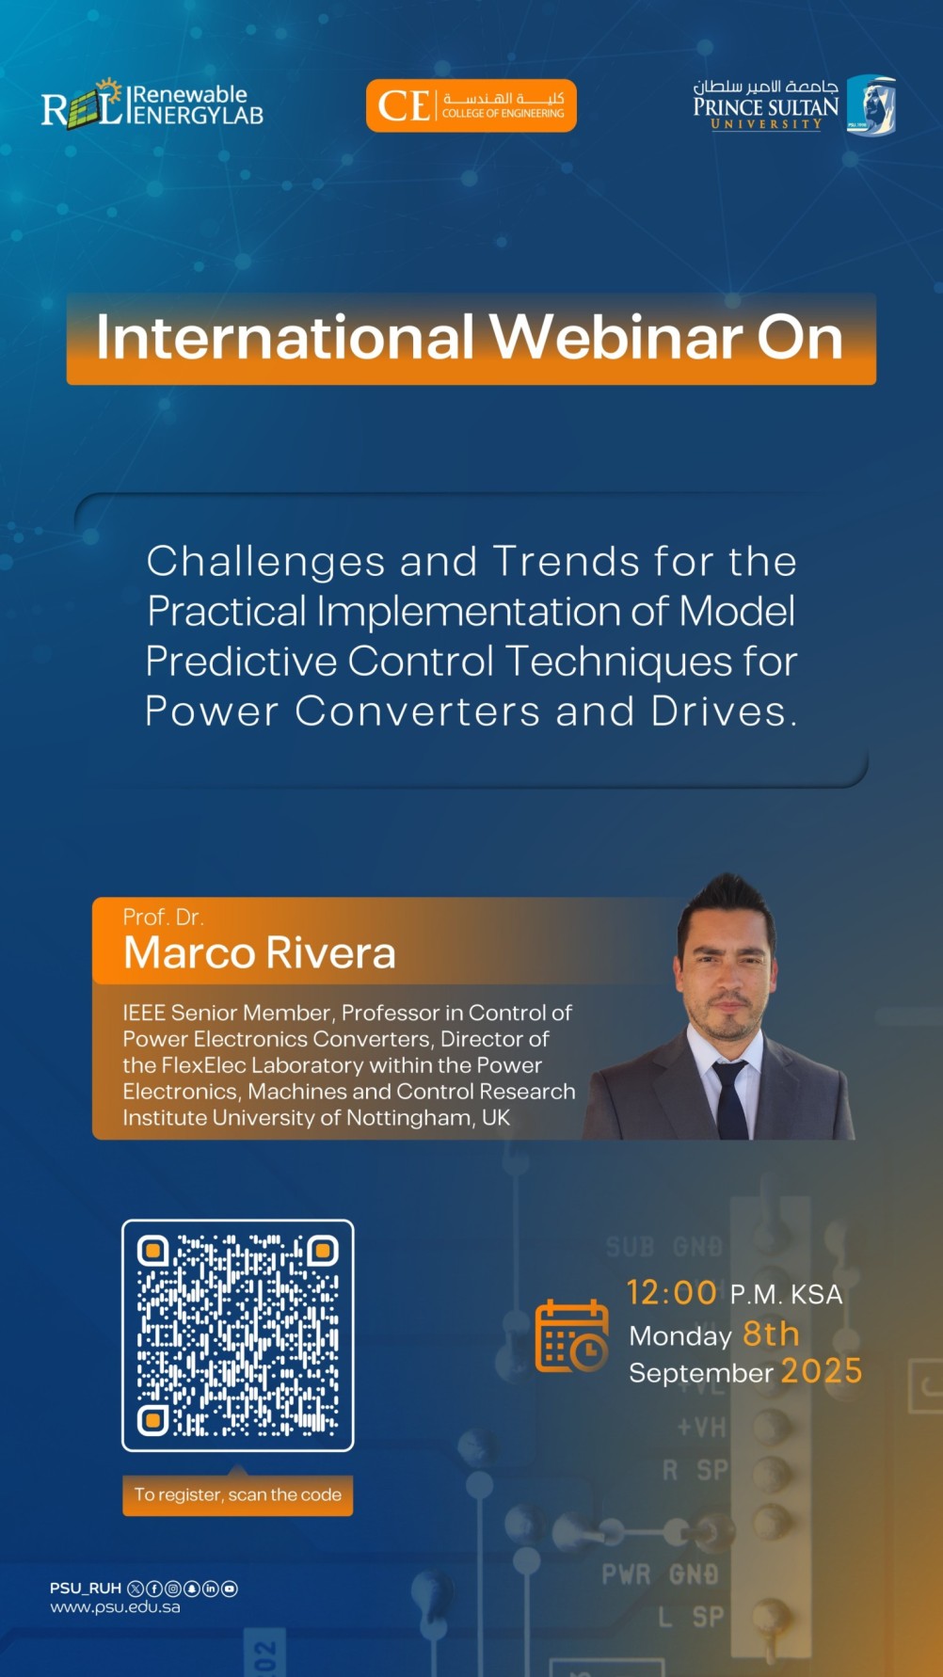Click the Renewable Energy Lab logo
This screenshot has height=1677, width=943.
[x=152, y=104]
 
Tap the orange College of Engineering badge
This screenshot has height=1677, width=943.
[x=471, y=105]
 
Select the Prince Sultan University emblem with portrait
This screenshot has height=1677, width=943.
[x=871, y=105]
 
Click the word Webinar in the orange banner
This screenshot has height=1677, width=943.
[x=615, y=338]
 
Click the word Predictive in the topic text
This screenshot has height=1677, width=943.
[x=241, y=661]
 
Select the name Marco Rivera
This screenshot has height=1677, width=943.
[x=259, y=953]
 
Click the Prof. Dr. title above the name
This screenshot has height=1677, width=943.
[x=163, y=917]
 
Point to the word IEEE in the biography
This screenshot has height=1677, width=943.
[x=143, y=1014]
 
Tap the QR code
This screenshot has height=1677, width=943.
[x=238, y=1335]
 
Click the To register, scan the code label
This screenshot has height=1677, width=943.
[x=237, y=1494]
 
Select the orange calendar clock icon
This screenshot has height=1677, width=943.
[x=571, y=1335]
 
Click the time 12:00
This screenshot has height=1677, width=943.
[x=672, y=1293]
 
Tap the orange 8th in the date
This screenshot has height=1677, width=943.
[x=771, y=1334]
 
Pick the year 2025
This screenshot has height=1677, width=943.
[x=821, y=1371]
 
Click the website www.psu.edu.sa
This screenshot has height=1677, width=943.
[x=115, y=1607]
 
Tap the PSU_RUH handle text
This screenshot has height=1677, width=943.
[x=86, y=1589]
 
